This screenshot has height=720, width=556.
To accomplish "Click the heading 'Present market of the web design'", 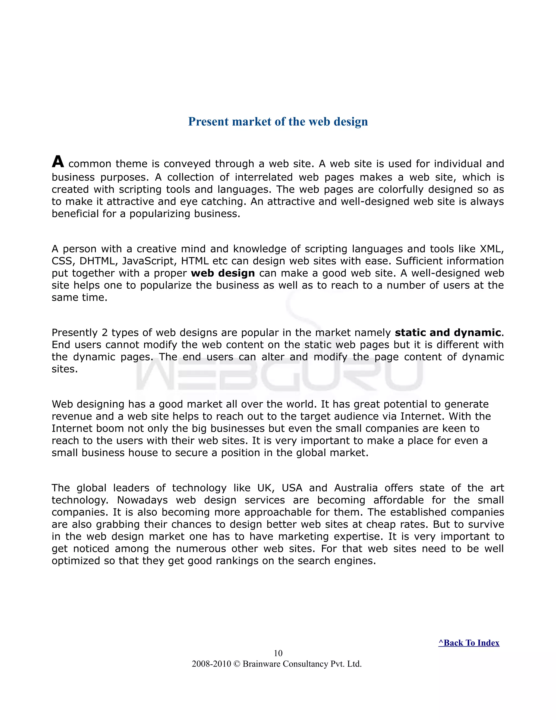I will click(x=278, y=122).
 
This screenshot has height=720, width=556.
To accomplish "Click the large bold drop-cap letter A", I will click(x=58, y=162).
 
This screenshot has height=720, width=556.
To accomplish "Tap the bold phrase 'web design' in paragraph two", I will click(x=223, y=273).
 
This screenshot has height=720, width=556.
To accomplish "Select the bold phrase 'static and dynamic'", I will click(x=448, y=333).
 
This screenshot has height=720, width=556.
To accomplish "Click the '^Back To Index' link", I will click(x=469, y=643).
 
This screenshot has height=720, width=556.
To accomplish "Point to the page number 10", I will click(x=278, y=653).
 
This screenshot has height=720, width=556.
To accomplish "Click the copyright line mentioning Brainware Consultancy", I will click(x=277, y=664).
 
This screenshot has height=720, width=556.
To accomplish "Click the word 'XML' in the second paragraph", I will click(x=491, y=249).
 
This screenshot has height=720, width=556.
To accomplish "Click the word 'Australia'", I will click(x=356, y=488).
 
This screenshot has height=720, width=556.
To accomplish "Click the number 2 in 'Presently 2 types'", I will click(x=105, y=333).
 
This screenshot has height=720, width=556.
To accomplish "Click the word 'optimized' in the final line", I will click(x=75, y=561).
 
